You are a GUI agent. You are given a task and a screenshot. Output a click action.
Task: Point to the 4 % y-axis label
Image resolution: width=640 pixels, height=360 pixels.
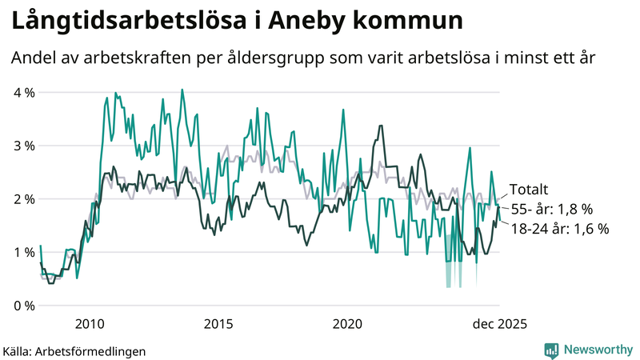tap(24, 93)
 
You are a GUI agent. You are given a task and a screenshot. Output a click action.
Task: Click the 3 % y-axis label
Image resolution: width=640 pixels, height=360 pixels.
tap(24, 146)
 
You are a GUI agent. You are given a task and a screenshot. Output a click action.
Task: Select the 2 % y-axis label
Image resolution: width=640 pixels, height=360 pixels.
tap(24, 199)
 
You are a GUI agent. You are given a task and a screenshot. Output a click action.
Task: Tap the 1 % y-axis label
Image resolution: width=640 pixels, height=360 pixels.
tap(24, 253)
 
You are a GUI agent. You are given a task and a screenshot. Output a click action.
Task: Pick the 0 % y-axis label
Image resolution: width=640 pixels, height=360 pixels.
tap(24, 306)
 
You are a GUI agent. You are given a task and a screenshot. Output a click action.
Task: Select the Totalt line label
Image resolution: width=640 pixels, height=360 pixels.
tap(529, 190)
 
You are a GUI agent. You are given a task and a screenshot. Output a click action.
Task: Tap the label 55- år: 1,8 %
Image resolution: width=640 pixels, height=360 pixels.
tap(551, 210)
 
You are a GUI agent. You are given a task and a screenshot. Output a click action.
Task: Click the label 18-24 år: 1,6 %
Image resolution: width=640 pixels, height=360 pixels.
tap(560, 229)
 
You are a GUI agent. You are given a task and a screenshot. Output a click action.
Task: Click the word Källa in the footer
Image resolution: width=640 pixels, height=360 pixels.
tap(22, 350)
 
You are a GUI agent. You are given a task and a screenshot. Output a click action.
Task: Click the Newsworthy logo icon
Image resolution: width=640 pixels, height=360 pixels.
tap(551, 349)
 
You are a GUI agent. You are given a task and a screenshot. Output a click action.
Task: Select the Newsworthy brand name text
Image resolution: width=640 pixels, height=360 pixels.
tap(596, 349)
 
